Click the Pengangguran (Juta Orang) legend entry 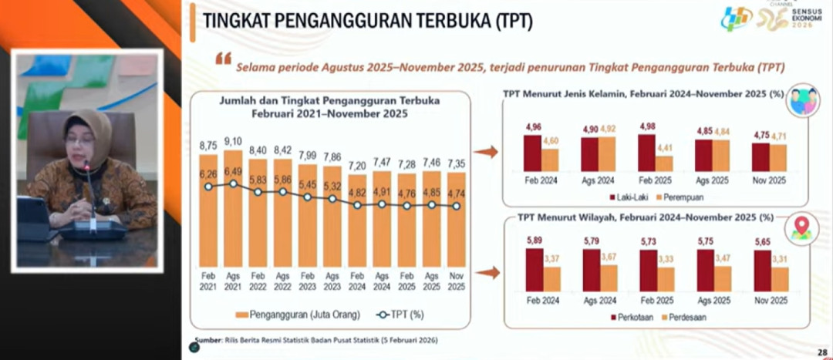[285, 315]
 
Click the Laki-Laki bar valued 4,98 [646, 153]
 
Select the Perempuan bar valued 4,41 [664, 163]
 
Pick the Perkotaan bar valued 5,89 [534, 269]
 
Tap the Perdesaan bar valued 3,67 [609, 278]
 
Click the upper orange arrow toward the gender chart [485, 152]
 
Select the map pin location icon [801, 229]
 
